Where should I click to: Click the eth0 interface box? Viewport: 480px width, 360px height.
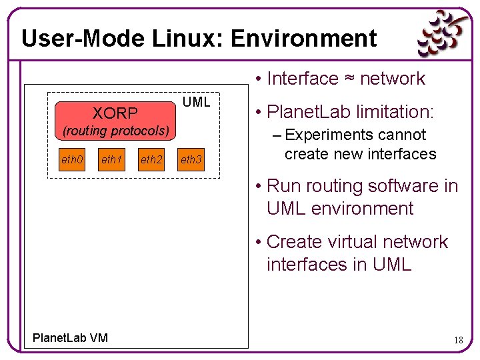[72, 160]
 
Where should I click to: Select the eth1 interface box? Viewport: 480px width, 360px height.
[111, 160]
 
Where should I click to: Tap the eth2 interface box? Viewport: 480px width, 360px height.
[151, 160]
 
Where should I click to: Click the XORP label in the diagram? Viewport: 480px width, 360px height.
[115, 113]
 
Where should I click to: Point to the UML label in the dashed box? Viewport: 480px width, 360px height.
[196, 102]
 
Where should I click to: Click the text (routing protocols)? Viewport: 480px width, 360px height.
[115, 130]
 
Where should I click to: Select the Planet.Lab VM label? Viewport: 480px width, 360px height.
[70, 339]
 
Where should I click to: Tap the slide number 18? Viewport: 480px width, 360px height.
[458, 340]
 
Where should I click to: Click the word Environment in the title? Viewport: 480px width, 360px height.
[304, 39]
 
